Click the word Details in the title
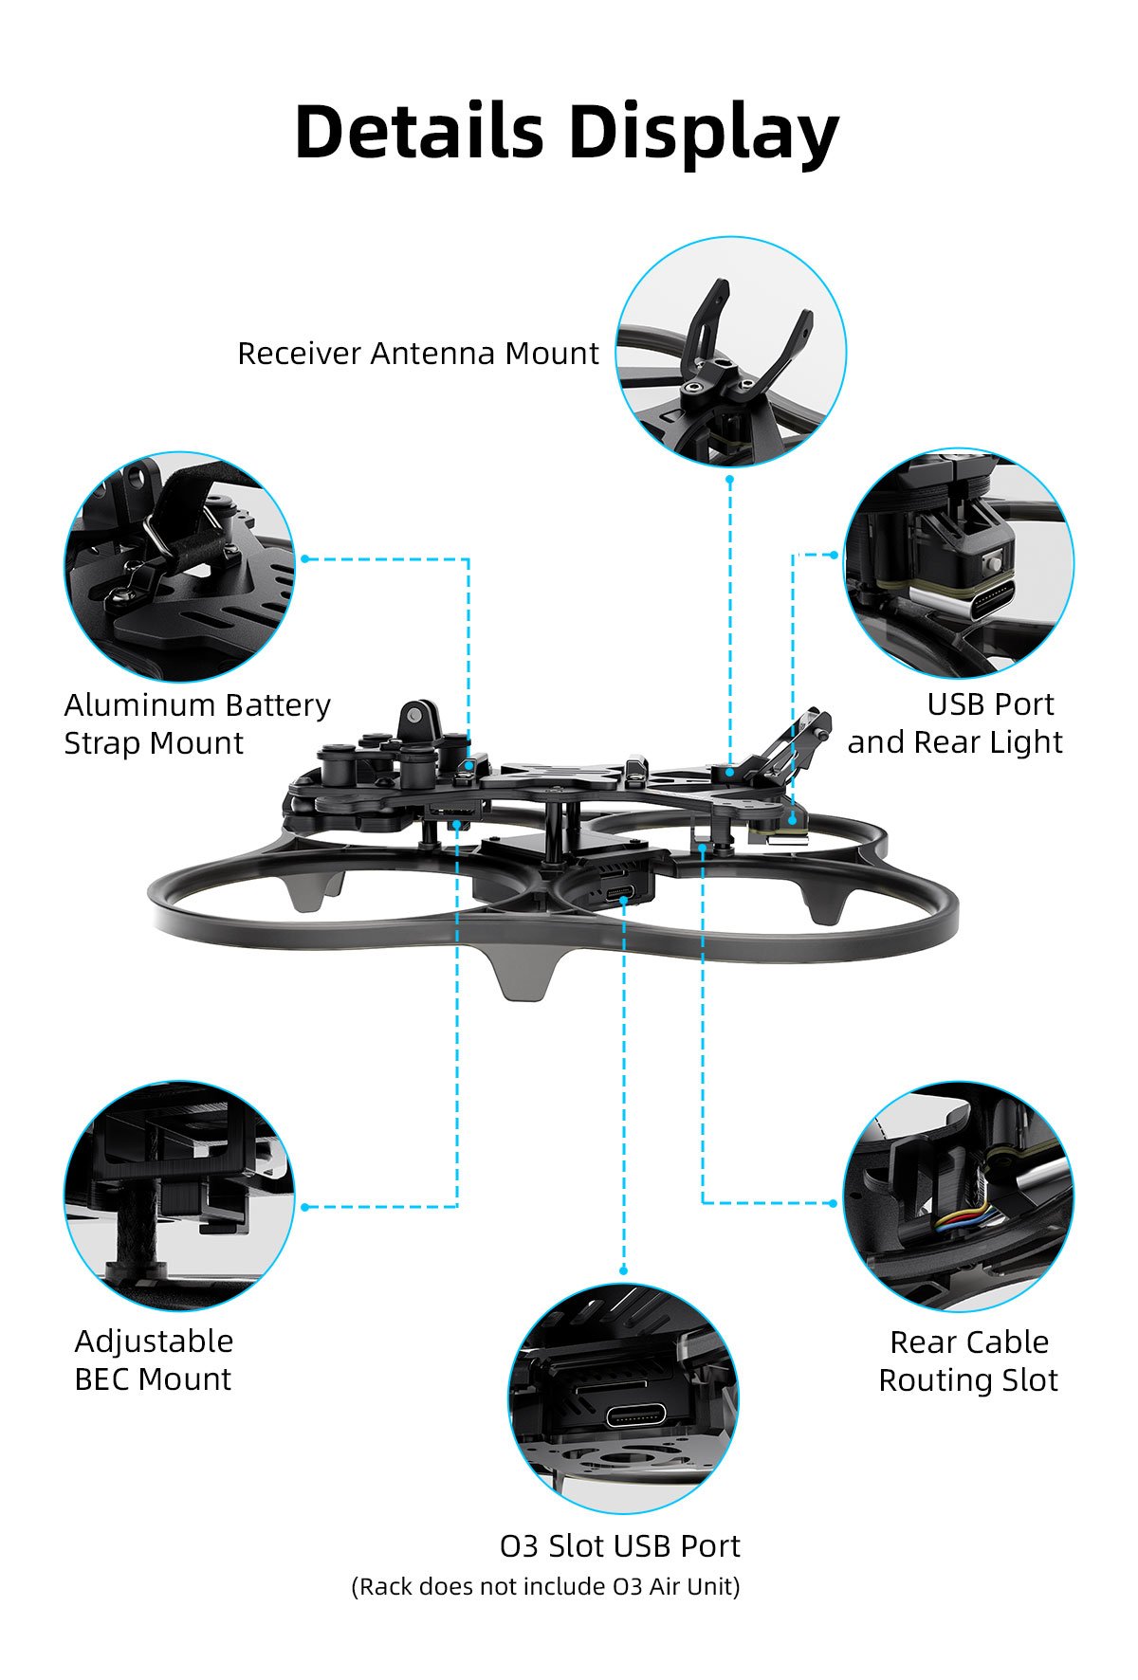click(x=419, y=130)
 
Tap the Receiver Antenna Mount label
click(x=417, y=354)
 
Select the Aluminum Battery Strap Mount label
click(x=197, y=723)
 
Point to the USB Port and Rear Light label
click(x=955, y=722)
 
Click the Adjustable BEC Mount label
click(x=154, y=1360)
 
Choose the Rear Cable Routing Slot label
click(x=968, y=1360)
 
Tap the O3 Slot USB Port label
click(x=619, y=1546)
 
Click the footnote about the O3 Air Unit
click(x=545, y=1586)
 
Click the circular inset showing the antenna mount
click(x=730, y=351)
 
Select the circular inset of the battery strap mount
click(x=179, y=567)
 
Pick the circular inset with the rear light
click(x=959, y=563)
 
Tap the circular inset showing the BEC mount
click(x=179, y=1196)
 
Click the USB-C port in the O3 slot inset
click(x=637, y=1416)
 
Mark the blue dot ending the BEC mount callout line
click(x=304, y=1207)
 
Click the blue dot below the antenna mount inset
click(x=729, y=479)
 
